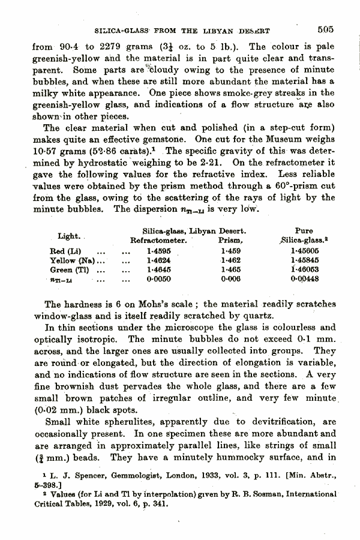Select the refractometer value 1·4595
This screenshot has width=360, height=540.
[157, 251]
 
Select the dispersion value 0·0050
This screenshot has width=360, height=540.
[157, 280]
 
